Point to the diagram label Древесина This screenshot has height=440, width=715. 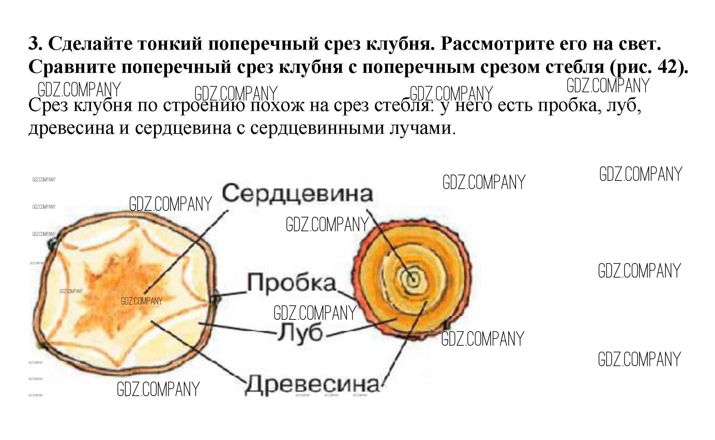pyautogui.click(x=312, y=385)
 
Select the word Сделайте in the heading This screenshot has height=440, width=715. pyautogui.click(x=90, y=44)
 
